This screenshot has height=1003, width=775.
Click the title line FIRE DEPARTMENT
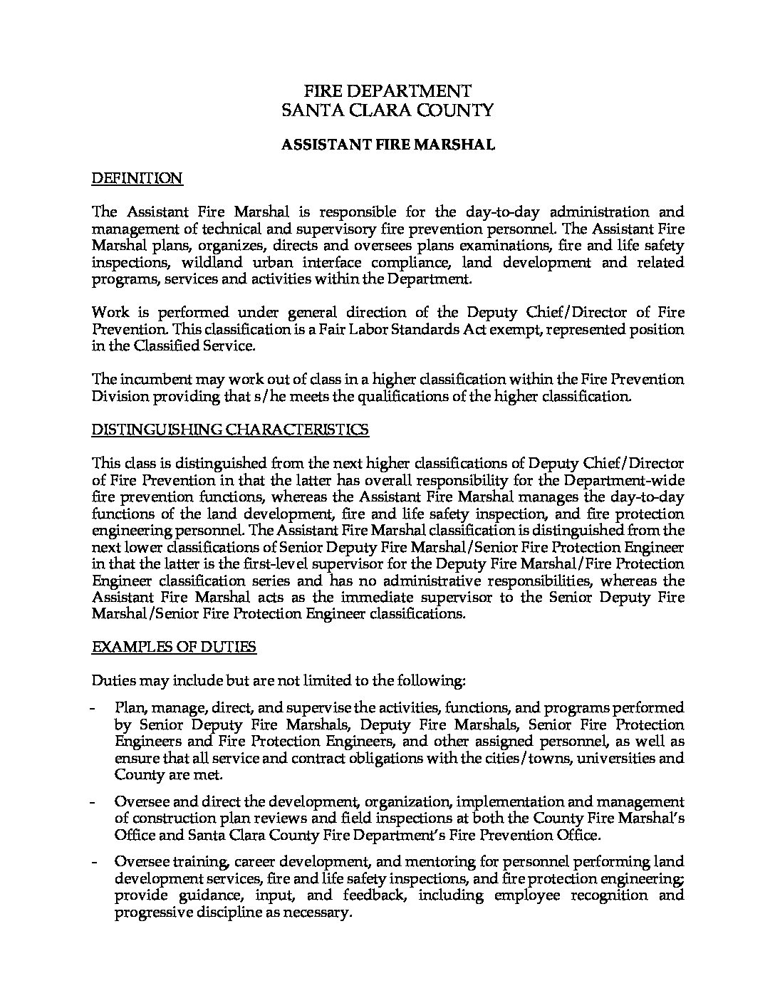pos(387,91)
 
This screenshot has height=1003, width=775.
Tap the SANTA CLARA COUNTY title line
pos(387,110)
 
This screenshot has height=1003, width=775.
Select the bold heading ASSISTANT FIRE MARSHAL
pos(387,145)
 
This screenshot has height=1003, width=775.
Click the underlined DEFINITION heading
pos(137,179)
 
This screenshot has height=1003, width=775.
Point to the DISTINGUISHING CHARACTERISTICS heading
pos(231,430)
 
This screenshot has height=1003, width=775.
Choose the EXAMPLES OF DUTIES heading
pos(174,647)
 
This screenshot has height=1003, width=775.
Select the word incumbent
pos(151,380)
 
